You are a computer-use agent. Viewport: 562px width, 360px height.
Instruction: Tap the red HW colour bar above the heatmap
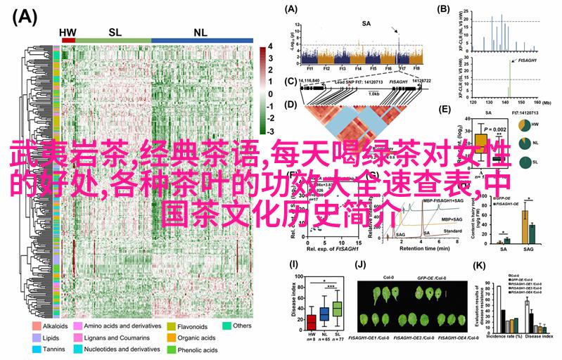68,41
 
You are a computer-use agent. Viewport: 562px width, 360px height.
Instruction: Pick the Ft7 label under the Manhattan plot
402,69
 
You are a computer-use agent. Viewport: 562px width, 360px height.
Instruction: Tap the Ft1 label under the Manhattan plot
309,69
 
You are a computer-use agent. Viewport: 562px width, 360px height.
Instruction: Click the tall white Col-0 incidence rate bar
498,306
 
